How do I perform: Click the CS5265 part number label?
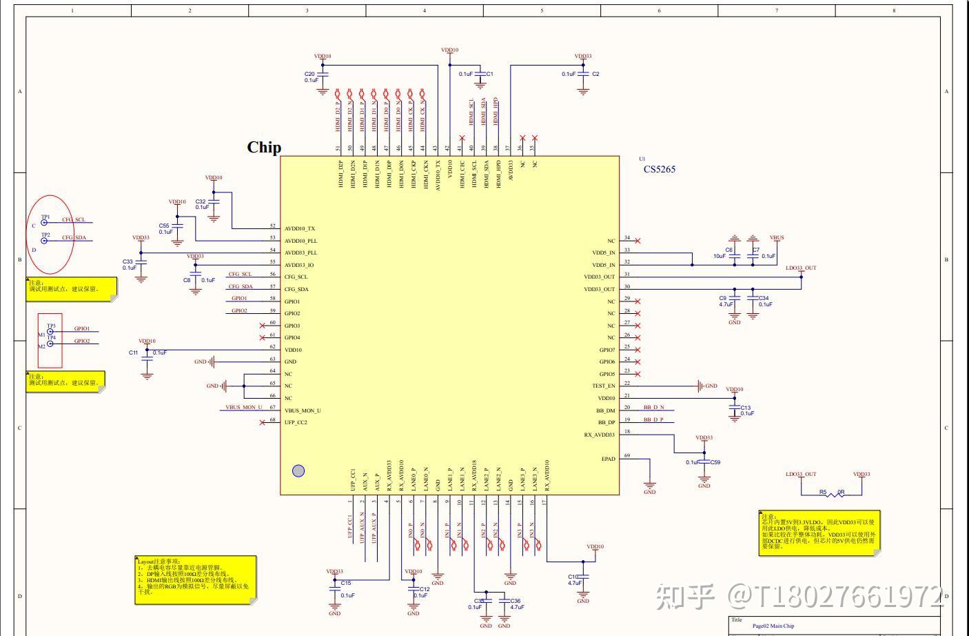(x=659, y=169)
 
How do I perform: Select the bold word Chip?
(x=264, y=148)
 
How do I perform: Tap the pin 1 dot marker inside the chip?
(x=298, y=471)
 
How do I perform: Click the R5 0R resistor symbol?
(x=831, y=493)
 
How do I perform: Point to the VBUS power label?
(x=777, y=238)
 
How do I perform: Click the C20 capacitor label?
(x=309, y=74)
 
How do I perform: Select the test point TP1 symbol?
(x=45, y=223)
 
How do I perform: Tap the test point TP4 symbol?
(x=50, y=343)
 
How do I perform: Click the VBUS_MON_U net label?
(x=244, y=407)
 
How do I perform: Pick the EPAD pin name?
(x=608, y=459)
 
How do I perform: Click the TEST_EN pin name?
(x=604, y=386)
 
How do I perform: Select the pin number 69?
(x=627, y=455)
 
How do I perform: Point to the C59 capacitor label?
(x=715, y=462)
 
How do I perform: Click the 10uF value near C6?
(x=720, y=256)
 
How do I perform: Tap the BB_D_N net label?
(x=653, y=407)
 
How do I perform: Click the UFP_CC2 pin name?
(x=296, y=422)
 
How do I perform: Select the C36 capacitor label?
(x=515, y=601)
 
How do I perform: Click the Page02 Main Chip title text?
(x=773, y=626)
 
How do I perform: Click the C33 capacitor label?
(x=127, y=262)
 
